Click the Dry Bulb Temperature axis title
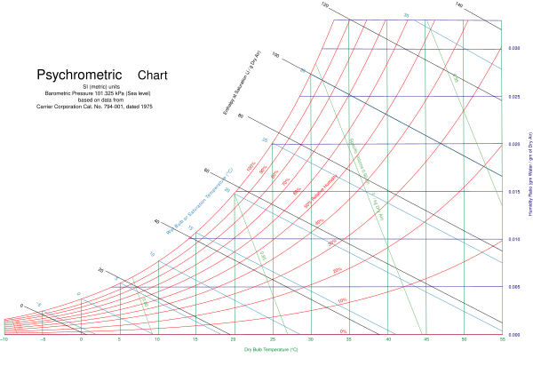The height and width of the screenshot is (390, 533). click(x=271, y=350)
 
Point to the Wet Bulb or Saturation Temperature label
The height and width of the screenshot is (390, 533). click(x=200, y=201)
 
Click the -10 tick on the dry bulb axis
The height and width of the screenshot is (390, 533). click(x=4, y=339)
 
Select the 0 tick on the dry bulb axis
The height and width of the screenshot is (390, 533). click(x=81, y=339)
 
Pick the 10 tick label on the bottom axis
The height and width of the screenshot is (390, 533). click(x=157, y=339)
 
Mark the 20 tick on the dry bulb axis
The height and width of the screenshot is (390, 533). click(x=234, y=339)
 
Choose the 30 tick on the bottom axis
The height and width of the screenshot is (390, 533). click(x=310, y=339)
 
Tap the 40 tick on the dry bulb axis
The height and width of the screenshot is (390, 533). click(x=387, y=339)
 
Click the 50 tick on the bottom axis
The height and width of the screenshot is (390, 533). click(x=464, y=339)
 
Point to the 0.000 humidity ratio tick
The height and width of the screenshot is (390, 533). click(x=513, y=335)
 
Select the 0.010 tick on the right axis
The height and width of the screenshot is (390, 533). click(x=513, y=239)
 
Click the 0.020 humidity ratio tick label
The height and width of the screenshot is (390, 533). click(x=513, y=144)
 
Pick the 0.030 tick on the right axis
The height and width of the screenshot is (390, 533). click(x=513, y=48)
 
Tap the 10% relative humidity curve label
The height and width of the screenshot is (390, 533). click(x=343, y=301)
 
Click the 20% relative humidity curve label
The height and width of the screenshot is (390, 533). click(x=338, y=270)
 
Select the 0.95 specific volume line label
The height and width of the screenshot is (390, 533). click(x=456, y=78)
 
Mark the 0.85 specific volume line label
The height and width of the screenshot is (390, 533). click(x=262, y=257)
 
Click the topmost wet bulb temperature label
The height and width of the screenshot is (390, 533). click(x=406, y=14)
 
